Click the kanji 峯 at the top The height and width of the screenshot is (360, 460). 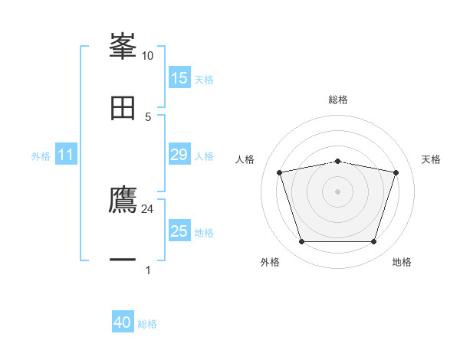pos(123,47)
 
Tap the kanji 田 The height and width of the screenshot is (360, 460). pos(123,108)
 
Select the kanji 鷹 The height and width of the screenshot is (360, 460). pos(123,201)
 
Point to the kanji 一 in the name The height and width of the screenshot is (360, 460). pos(123,261)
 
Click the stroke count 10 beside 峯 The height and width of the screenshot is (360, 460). pos(147,56)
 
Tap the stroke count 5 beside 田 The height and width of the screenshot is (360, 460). pos(147,116)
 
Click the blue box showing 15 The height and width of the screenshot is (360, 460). pos(179,78)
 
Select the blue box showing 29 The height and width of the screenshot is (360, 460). pos(179,155)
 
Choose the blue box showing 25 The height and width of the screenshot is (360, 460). pos(179,231)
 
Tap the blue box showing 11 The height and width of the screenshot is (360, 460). pos(66,155)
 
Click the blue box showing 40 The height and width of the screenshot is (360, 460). pos(123,322)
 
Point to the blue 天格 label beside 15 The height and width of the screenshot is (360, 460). pos(204,79)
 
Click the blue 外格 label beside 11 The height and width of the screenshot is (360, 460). pos(41,155)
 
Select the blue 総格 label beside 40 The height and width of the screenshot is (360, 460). pos(147,324)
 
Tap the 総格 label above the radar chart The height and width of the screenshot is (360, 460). pos(337,100)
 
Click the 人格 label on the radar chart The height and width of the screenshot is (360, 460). pos(245,159)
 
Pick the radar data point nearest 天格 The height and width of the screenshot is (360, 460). pos(396,172)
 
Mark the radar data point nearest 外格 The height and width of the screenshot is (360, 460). pos(301,242)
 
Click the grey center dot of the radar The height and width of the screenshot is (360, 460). pos(337,191)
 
